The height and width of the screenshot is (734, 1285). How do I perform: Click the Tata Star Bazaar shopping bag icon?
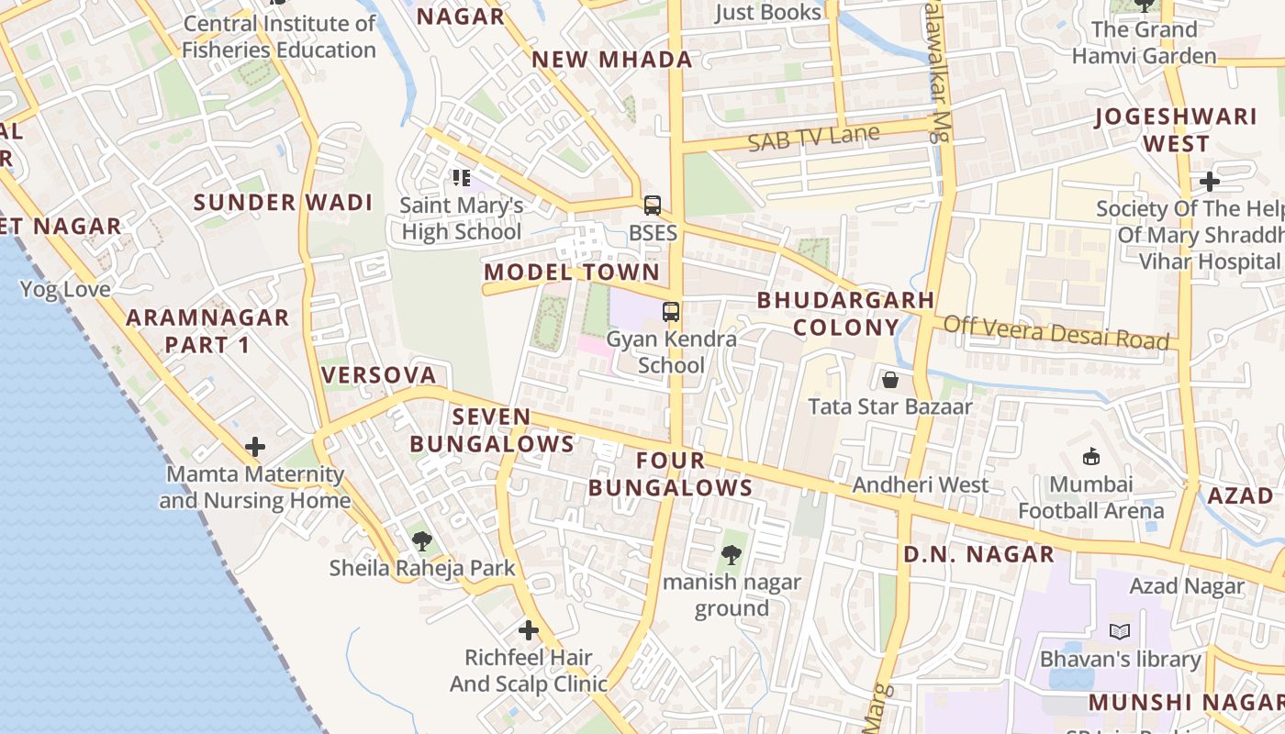coord(889,379)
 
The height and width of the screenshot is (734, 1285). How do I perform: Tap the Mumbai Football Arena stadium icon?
coord(1091,456)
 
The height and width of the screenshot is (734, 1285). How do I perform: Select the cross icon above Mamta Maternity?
coord(255,447)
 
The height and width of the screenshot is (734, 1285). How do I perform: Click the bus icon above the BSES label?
coord(653,206)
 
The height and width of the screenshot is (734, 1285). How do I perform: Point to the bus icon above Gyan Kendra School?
coord(671,311)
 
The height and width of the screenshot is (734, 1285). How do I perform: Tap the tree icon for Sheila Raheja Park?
coord(422,541)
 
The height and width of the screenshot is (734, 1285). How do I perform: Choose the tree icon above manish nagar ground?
coord(732,554)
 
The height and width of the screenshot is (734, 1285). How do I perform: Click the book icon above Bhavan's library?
coord(1120,631)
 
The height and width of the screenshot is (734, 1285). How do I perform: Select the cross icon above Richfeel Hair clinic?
coord(529,630)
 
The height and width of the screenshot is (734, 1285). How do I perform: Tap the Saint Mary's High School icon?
coord(462,177)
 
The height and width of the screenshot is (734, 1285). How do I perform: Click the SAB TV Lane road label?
coord(813,139)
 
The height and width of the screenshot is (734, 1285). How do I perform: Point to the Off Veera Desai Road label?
coord(1056,332)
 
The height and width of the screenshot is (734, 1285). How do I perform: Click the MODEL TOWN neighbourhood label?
coord(572,272)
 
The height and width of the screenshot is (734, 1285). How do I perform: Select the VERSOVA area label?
coord(378,374)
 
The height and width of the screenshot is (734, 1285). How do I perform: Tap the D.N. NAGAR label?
coord(978,554)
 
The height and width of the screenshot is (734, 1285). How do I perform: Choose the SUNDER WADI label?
coord(283,203)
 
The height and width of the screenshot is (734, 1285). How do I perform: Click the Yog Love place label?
coord(65,290)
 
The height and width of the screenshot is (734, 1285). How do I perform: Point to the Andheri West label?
coord(921,484)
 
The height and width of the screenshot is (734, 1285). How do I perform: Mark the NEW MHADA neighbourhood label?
coord(612,60)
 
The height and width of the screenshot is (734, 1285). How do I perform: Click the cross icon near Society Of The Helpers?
coord(1210,182)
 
